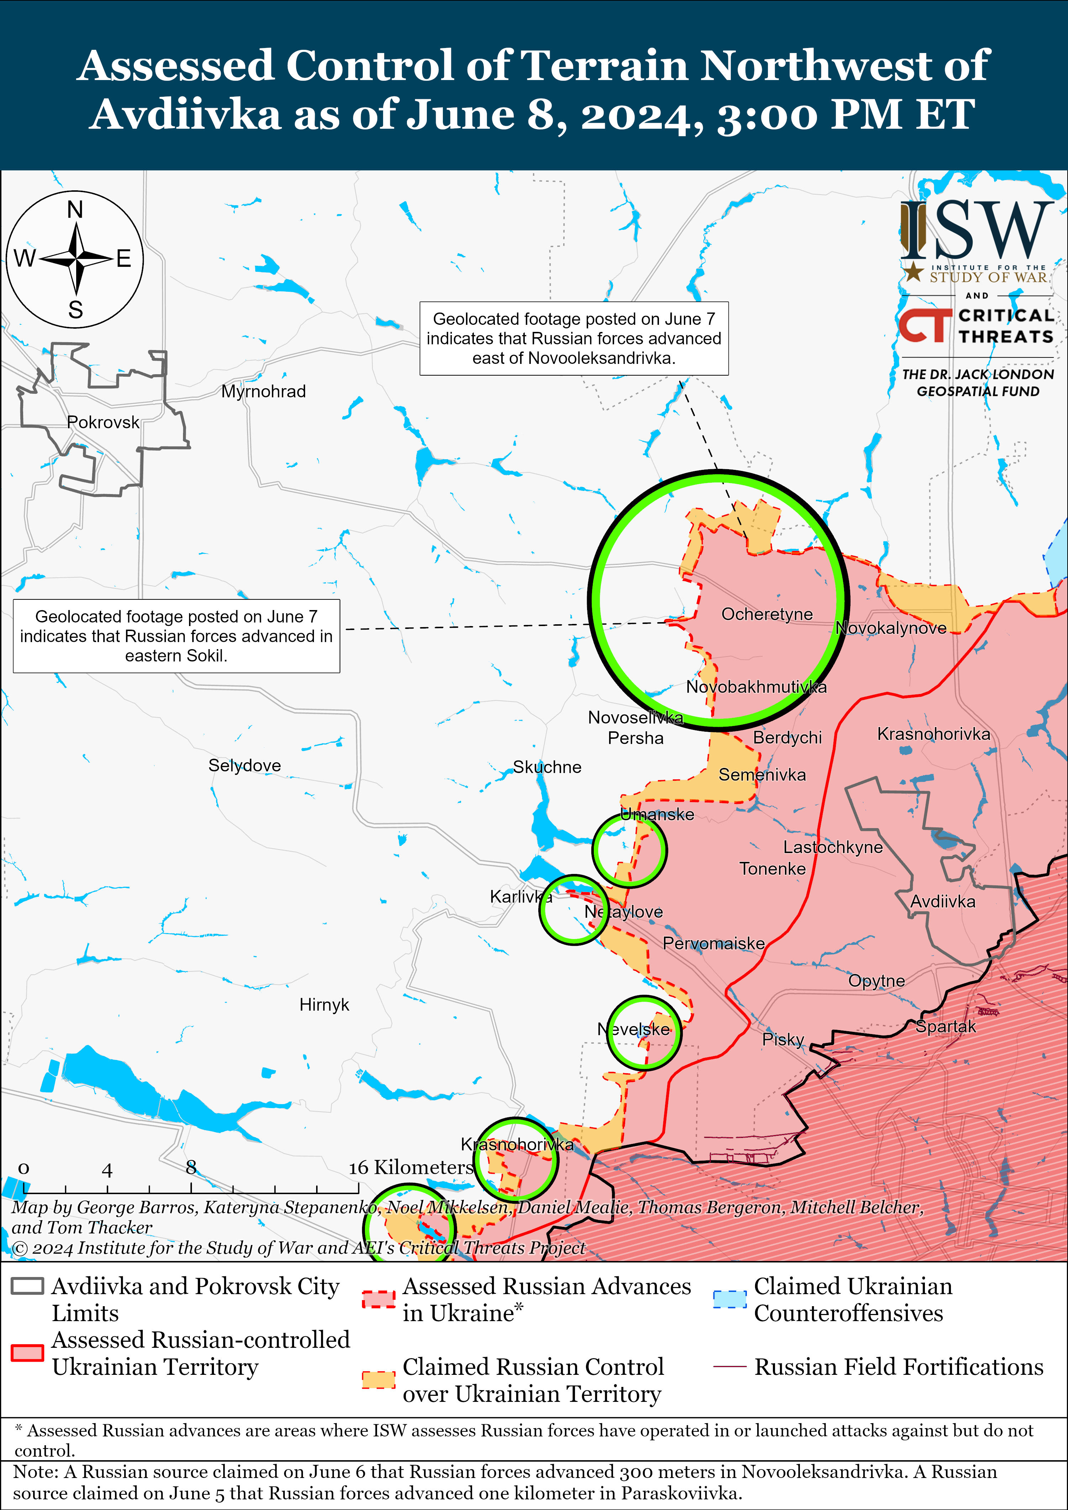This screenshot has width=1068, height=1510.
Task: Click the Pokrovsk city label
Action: coord(103,422)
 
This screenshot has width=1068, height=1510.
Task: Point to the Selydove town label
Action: coord(244,765)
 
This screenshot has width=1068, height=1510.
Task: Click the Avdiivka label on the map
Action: coord(942,902)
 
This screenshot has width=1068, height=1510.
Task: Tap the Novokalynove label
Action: coord(891,628)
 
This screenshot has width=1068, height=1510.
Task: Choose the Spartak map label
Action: coord(946,1027)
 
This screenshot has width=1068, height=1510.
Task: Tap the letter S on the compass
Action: coord(76,310)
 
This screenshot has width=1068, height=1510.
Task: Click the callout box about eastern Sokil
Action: coord(176,636)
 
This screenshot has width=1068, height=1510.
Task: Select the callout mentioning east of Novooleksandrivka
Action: coord(574,339)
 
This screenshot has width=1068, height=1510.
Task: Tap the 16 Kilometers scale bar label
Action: coord(410,1167)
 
